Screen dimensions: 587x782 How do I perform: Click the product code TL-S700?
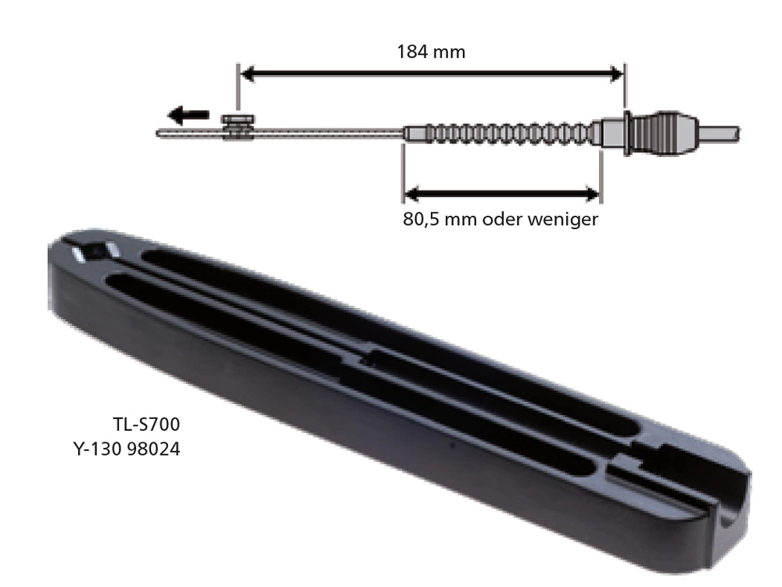point(147,425)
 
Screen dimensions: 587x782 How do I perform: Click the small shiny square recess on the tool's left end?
point(93,252)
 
